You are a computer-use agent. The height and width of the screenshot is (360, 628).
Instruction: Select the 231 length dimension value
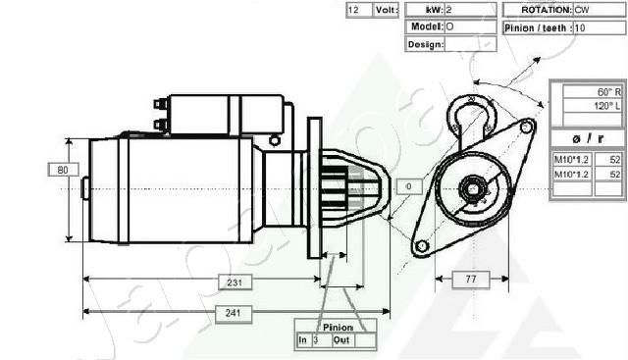coord(235,282)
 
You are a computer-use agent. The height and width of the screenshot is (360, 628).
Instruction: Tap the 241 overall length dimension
coord(235,313)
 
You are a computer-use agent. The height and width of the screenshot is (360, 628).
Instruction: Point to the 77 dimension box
coord(470,281)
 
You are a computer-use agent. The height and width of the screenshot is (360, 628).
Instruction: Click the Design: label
coord(425,44)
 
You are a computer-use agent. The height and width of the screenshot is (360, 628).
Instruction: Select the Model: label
coord(425,27)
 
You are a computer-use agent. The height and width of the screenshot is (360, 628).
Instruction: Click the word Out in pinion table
coord(341,340)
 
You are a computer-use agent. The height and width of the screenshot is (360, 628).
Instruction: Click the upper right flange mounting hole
coord(527,127)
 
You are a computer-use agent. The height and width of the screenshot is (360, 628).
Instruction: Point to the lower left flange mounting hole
coord(421,245)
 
